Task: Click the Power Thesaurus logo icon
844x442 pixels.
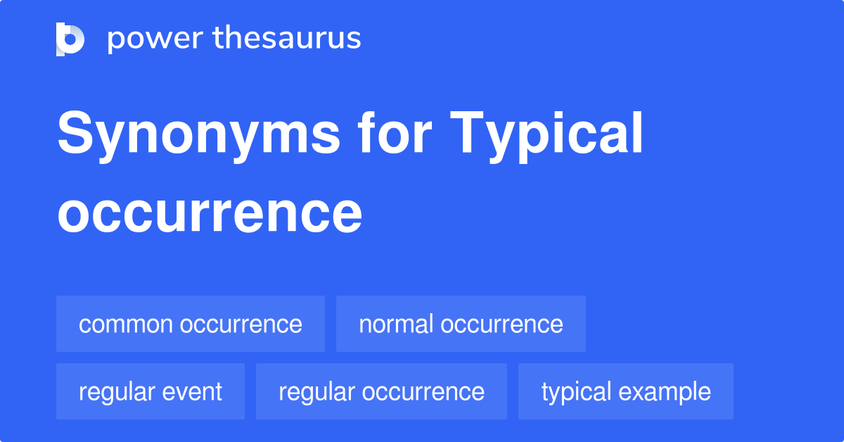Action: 70,39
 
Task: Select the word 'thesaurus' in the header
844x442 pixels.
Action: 287,39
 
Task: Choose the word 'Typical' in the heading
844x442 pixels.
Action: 547,135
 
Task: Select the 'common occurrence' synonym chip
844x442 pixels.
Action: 191,324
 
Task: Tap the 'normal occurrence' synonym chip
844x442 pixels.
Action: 461,324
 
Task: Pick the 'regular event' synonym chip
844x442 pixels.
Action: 151,391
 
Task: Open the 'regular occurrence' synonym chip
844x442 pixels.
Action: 381,391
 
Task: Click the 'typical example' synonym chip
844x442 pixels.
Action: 626,391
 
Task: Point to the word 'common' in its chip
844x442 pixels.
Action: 126,324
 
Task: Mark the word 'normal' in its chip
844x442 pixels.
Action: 396,324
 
